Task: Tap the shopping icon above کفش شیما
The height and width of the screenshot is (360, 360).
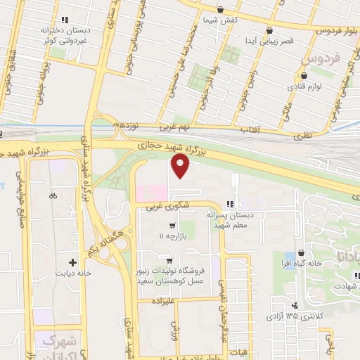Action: (221, 10)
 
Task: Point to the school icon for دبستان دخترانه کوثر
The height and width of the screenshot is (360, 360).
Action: (65, 20)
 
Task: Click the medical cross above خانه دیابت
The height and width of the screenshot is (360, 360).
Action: (72, 262)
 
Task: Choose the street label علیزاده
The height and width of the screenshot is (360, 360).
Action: (163, 300)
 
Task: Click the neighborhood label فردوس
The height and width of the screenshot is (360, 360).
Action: (315, 60)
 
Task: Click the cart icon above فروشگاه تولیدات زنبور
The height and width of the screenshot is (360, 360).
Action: (169, 259)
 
